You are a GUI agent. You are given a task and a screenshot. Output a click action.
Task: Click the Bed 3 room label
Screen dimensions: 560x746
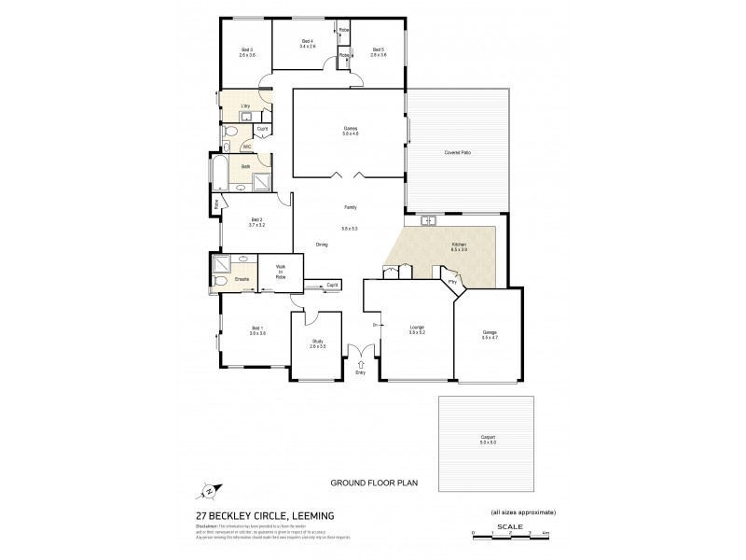tap(247, 52)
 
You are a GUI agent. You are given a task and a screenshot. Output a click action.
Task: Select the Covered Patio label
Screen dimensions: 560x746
tap(457, 152)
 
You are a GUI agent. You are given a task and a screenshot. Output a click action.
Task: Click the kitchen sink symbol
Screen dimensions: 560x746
tap(429, 221)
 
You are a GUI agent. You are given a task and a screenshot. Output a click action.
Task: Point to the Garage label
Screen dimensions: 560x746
tap(489, 335)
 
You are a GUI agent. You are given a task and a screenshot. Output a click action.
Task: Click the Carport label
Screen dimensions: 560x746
tap(486, 439)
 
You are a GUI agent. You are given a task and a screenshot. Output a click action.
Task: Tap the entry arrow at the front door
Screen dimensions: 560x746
tap(359, 365)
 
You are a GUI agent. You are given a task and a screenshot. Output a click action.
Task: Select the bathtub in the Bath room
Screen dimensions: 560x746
tap(219, 175)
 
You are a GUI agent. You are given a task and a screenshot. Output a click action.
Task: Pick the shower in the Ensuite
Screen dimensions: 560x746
tap(221, 263)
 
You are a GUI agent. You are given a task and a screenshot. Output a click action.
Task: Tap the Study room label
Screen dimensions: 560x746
tap(317, 344)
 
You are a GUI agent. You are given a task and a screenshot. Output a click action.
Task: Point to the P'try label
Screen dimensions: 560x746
tap(451, 279)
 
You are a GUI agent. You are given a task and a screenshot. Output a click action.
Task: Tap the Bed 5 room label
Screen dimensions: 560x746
tap(378, 52)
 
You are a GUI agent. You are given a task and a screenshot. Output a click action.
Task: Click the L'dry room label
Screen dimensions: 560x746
tap(246, 106)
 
